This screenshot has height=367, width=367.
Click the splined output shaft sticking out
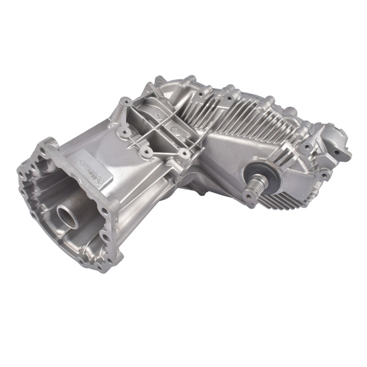click(x=257, y=182)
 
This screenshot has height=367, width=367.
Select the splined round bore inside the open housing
click(x=67, y=215)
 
